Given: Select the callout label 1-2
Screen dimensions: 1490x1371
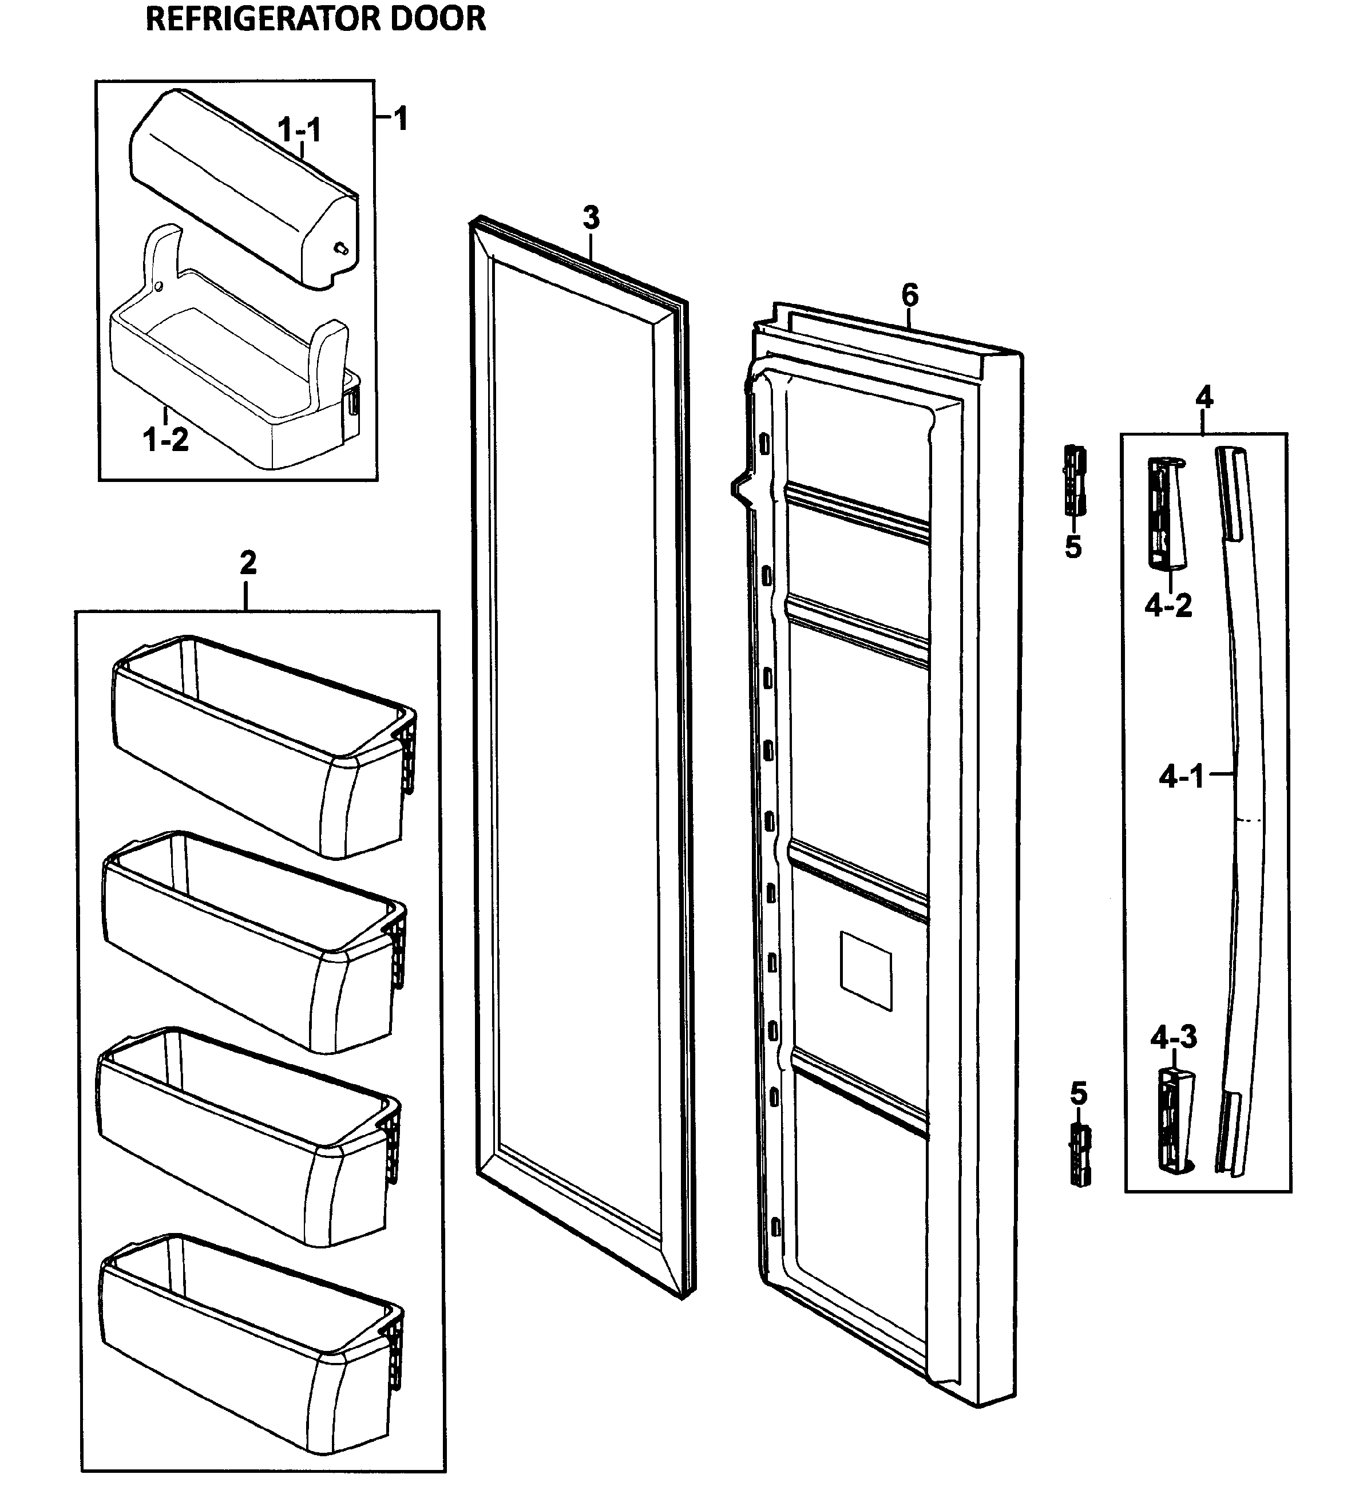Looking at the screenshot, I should (165, 440).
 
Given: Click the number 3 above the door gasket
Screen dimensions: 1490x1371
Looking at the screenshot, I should (591, 218).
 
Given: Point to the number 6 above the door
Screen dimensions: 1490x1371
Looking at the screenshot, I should (910, 295).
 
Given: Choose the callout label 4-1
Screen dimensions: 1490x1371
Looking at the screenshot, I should (1181, 778).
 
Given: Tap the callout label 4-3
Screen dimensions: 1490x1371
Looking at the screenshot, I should (1174, 1037).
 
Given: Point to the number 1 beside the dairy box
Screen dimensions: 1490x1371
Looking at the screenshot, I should (401, 118).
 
